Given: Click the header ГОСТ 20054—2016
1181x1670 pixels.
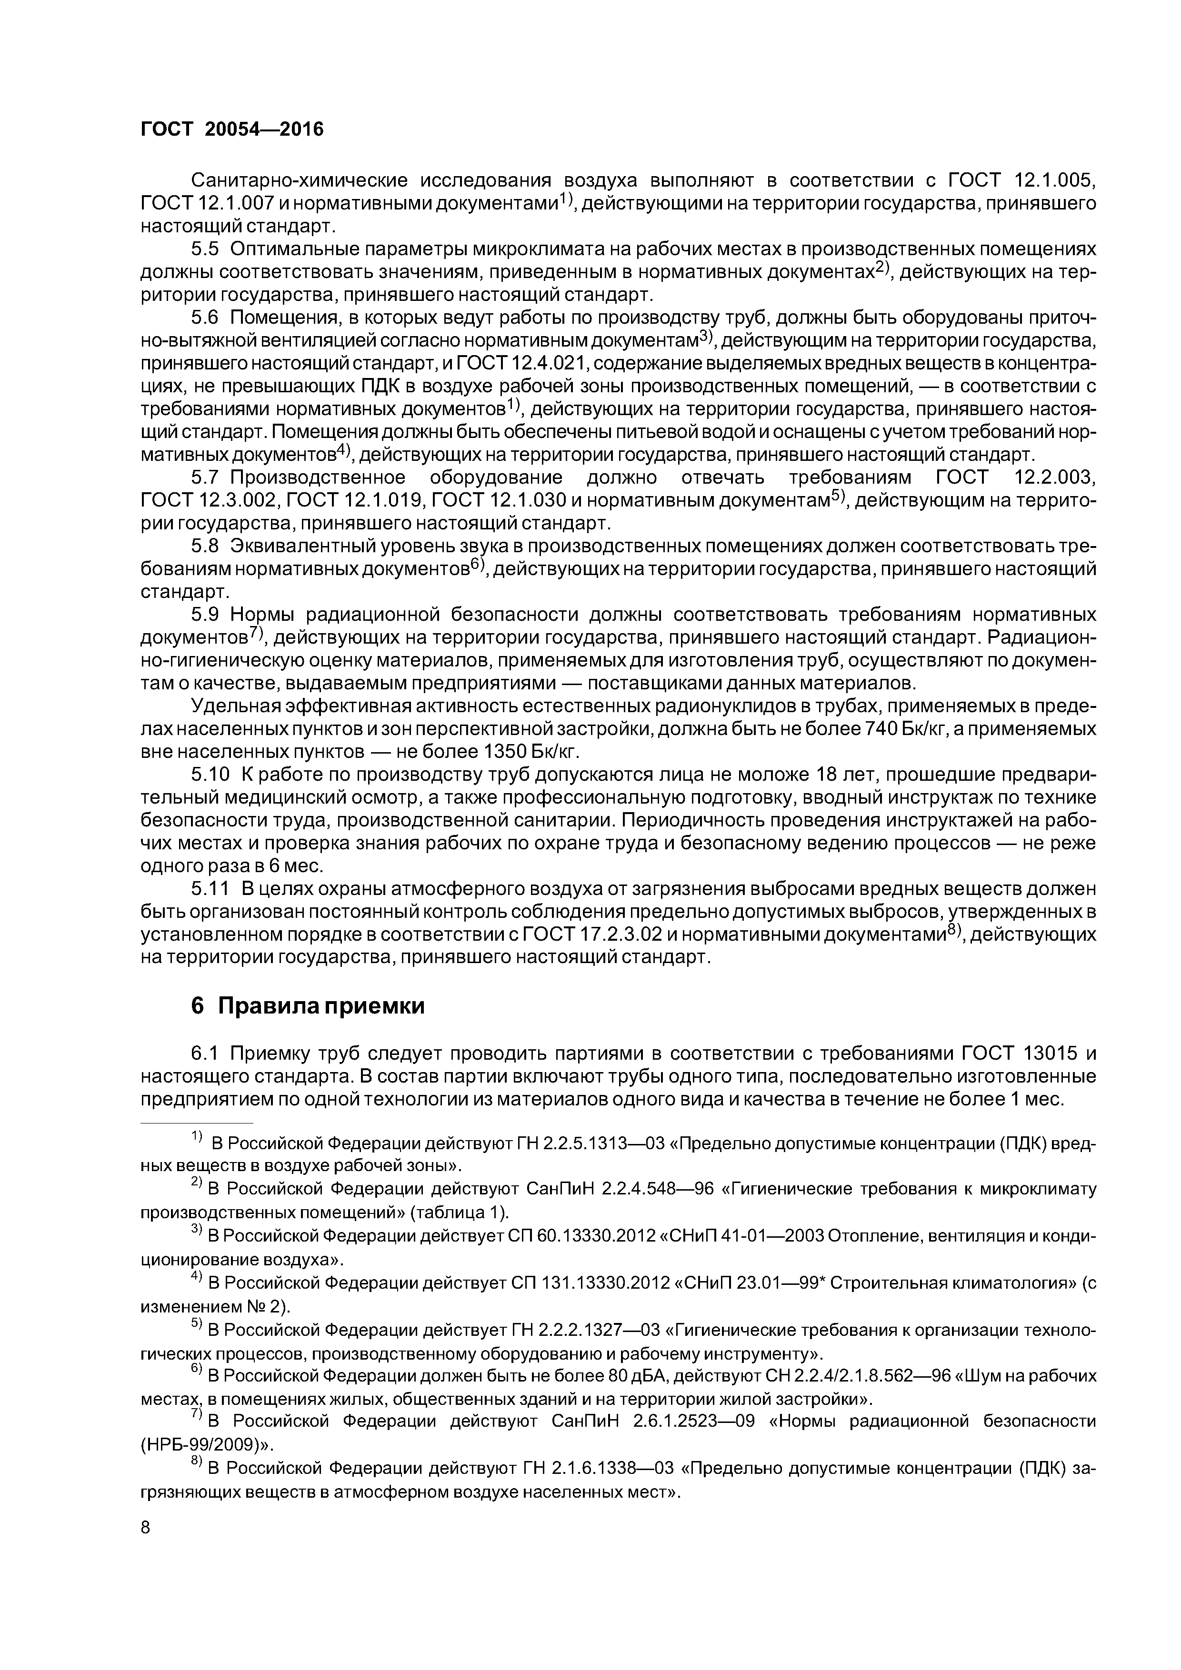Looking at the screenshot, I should coord(231,129).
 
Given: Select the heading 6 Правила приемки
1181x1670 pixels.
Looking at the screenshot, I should coord(307,1006).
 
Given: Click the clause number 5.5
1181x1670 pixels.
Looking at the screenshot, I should coord(204,249).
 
